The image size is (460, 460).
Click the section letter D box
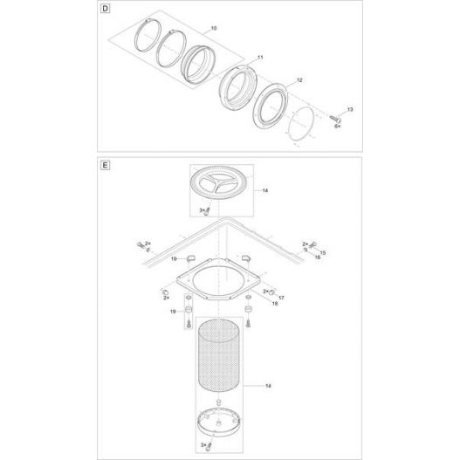(x=106, y=10)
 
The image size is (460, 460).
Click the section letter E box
(x=106, y=162)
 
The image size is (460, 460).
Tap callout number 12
(x=299, y=79)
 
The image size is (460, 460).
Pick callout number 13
(x=350, y=109)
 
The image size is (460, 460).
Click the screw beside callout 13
(x=336, y=114)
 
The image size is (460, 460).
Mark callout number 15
(x=322, y=251)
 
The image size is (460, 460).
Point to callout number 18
(x=275, y=306)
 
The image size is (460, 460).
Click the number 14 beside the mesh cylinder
(x=264, y=384)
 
